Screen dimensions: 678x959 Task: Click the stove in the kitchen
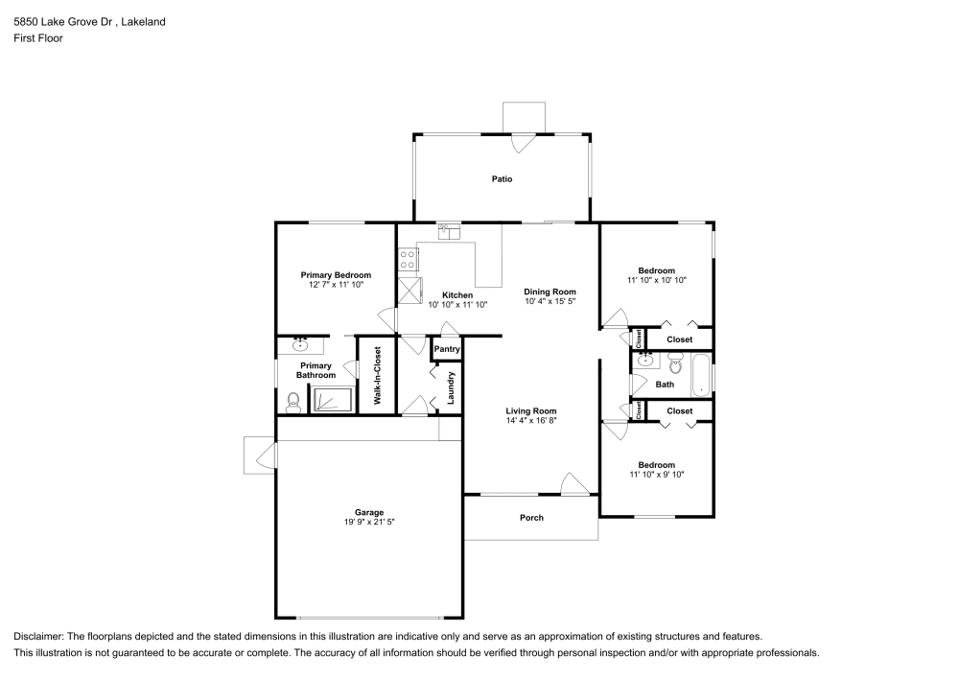[x=408, y=258]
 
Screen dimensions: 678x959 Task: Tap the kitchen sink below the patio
[x=449, y=230]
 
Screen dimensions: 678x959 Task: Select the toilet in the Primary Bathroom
[x=293, y=404]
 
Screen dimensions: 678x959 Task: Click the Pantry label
[x=447, y=350]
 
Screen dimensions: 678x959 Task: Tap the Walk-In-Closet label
[x=377, y=374]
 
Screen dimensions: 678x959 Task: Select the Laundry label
[x=449, y=386]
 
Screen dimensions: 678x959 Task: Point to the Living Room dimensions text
[x=531, y=420]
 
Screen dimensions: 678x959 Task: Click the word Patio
[x=502, y=178]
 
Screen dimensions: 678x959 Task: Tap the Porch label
[x=531, y=518]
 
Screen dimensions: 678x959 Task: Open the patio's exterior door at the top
[x=523, y=141]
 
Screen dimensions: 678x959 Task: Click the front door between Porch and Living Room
[x=574, y=485]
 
